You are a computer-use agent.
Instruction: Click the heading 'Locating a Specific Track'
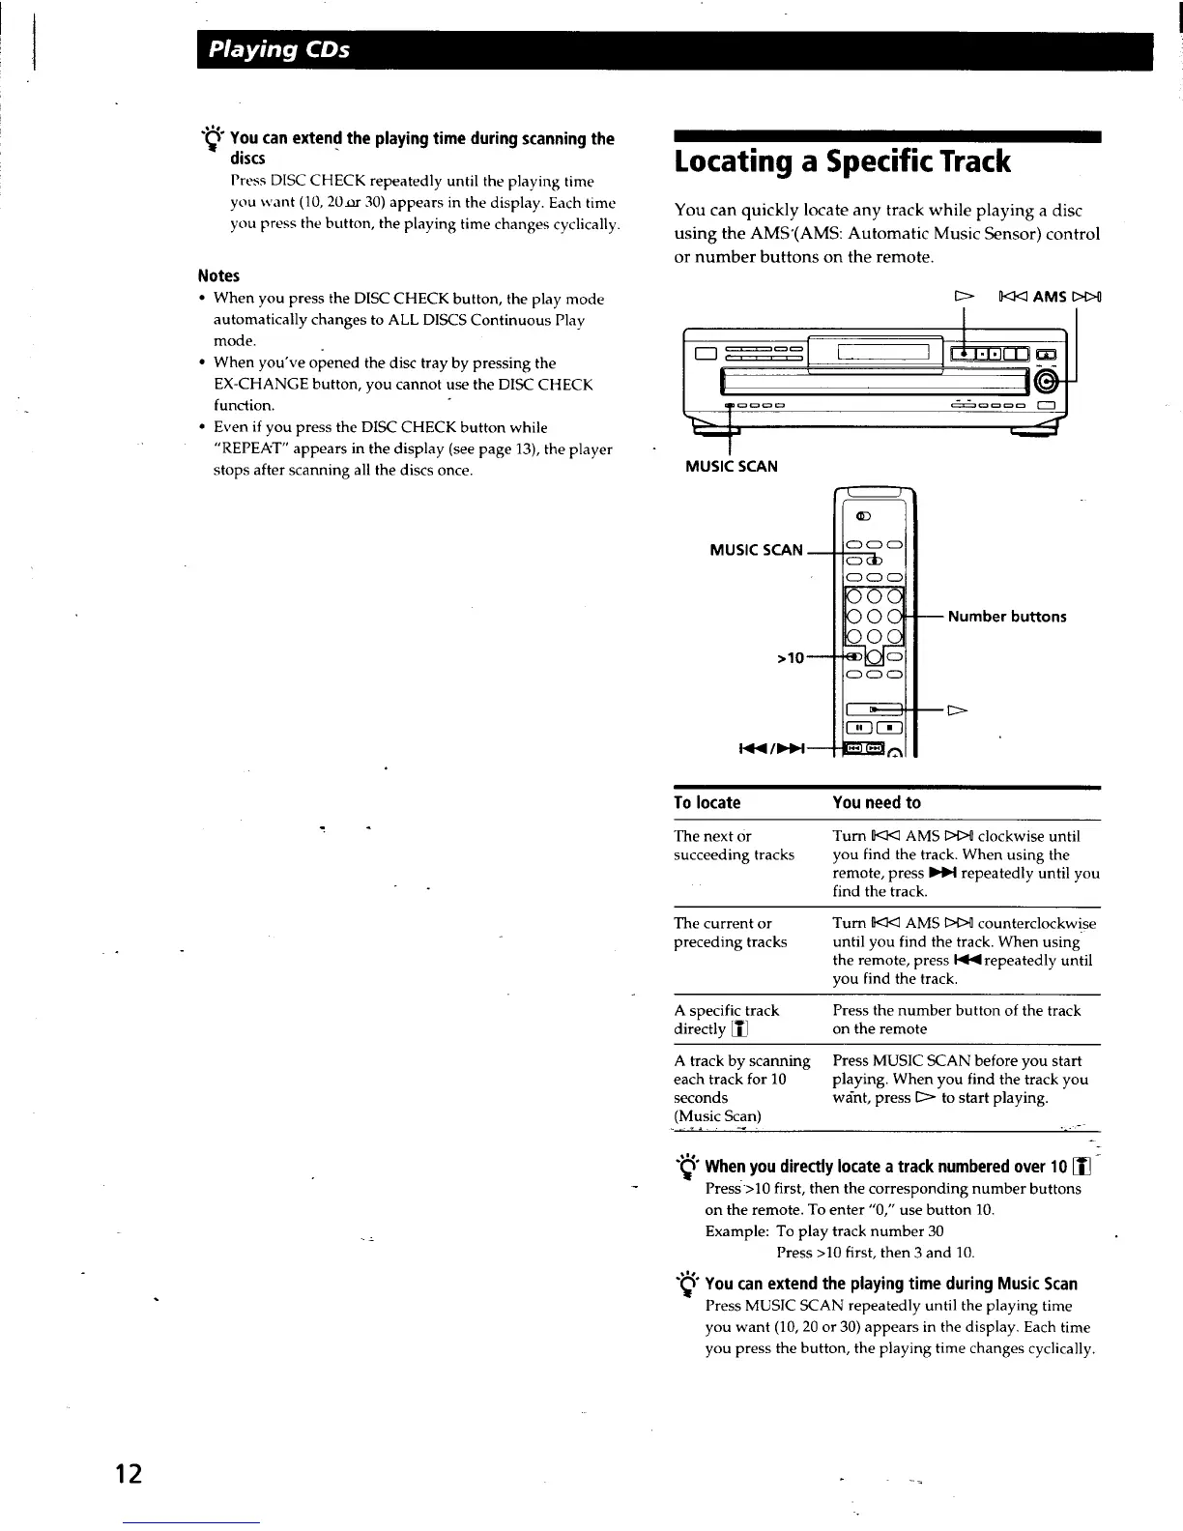(x=842, y=161)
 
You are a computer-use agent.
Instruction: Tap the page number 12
(x=129, y=1474)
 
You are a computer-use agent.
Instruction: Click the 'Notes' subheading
(x=218, y=276)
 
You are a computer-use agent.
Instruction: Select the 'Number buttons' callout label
(x=1007, y=617)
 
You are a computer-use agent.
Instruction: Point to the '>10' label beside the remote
(x=791, y=659)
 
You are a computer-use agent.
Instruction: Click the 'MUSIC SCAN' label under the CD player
(x=731, y=467)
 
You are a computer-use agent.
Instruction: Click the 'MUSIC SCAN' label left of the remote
(x=756, y=550)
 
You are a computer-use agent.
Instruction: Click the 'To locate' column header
(x=707, y=802)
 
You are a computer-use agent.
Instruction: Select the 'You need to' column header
(x=877, y=802)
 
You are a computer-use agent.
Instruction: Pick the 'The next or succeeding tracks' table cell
(x=734, y=846)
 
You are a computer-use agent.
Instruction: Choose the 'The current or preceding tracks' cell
(x=730, y=933)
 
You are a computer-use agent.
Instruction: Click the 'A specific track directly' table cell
(x=726, y=1020)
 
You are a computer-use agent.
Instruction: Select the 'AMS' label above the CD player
(x=1049, y=297)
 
